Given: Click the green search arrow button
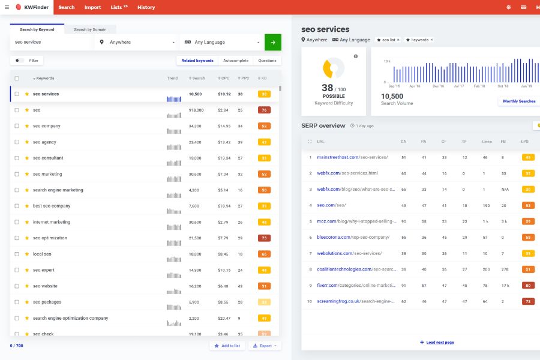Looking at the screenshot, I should click(x=273, y=42).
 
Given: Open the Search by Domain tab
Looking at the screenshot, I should click(x=90, y=29).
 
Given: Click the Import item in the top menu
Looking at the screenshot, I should click(x=92, y=7).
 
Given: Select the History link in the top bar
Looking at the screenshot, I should click(x=146, y=7).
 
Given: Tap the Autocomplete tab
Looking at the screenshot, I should click(x=236, y=61).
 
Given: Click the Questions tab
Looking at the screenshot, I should click(x=268, y=61).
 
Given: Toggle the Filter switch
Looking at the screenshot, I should click(x=20, y=61).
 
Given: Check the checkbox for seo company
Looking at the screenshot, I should click(x=17, y=126).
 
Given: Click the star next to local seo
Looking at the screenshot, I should click(x=27, y=254).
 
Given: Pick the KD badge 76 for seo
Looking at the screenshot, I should click(x=264, y=110).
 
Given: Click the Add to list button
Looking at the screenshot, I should click(x=227, y=346).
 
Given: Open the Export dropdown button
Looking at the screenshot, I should click(x=265, y=346).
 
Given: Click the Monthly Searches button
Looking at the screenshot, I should click(x=519, y=101).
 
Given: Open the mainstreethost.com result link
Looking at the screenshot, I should click(x=352, y=157).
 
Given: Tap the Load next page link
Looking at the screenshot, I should click(x=437, y=342).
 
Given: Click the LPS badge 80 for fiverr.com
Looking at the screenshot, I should click(x=528, y=286).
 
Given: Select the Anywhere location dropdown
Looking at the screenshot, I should click(x=137, y=42).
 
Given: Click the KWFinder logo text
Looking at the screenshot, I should click(x=37, y=7).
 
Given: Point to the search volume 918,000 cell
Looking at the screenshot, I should click(x=196, y=110).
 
